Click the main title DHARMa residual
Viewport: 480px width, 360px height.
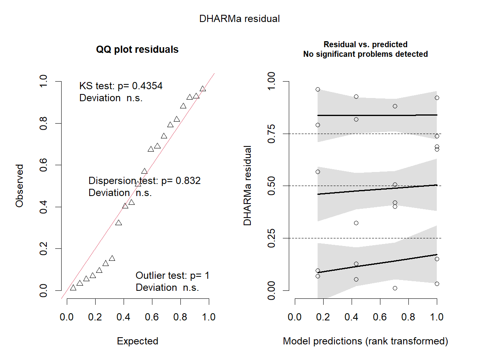[240, 19]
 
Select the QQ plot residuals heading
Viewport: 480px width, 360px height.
[137, 50]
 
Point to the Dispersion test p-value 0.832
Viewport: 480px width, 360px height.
[186, 181]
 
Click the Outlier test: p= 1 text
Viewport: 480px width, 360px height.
[172, 276]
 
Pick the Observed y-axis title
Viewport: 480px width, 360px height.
[19, 186]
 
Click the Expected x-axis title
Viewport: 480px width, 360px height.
[137, 341]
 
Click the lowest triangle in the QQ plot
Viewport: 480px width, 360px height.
[73, 288]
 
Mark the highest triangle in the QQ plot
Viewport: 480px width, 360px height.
[203, 89]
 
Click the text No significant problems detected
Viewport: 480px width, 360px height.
[365, 54]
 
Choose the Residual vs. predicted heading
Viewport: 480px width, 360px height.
[365, 44]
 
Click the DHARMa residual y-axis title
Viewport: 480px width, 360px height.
[248, 186]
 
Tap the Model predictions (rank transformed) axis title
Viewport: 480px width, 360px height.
[365, 341]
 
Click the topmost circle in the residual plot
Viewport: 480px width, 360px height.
[318, 89]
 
